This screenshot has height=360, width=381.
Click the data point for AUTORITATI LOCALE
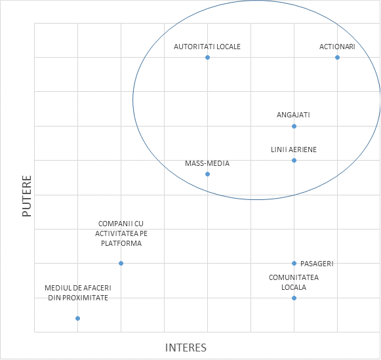coord(207,57)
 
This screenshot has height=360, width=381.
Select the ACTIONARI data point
coord(337,57)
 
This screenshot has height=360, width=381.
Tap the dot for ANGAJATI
coord(294,126)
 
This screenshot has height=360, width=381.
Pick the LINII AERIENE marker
coord(294,160)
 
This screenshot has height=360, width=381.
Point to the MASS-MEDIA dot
coord(207,174)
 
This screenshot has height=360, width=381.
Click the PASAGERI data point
coord(294,264)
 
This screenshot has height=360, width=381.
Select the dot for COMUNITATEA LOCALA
coord(294,298)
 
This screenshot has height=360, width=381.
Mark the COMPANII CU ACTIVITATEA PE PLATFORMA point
coord(121,264)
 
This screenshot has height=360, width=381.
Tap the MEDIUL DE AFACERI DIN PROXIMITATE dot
coord(77,318)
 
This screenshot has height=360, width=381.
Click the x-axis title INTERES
coord(186,348)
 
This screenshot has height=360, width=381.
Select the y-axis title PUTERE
coord(27,196)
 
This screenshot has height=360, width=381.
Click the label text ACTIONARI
coord(337,47)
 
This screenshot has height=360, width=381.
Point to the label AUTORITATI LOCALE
coord(207,47)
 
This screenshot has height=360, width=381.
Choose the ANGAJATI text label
coord(293,115)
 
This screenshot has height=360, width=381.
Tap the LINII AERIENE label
coord(294,150)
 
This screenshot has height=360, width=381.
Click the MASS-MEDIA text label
coord(207,163)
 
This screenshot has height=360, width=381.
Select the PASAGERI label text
coord(317,264)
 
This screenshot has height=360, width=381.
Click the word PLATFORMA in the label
coord(121,243)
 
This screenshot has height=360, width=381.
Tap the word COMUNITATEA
coord(294,277)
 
